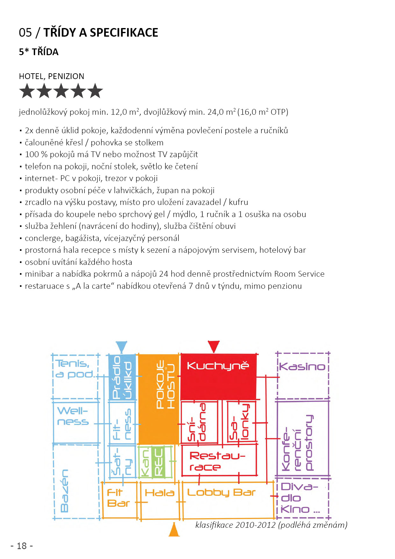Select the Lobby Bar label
[x=221, y=492]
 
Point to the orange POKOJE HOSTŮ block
[x=159, y=398]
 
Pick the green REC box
[x=158, y=461]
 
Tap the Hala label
[x=160, y=493]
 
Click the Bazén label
[x=65, y=491]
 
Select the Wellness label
[x=73, y=416]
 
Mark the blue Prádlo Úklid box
[x=122, y=377]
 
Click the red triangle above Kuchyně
[x=213, y=346]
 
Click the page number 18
[x=22, y=546]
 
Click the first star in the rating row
[x=27, y=91]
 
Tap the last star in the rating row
[x=95, y=91]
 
